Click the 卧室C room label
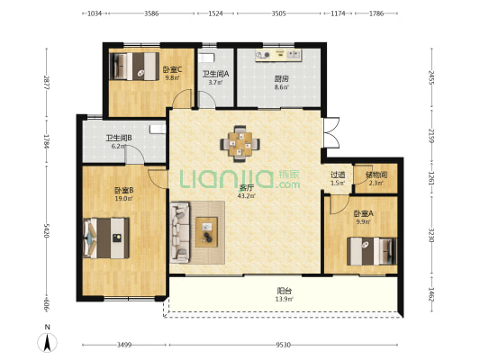coord(172,69)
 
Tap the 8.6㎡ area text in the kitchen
coord(281,87)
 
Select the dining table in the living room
coord(240,143)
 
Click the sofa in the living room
coord(180,232)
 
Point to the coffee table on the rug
coord(206,232)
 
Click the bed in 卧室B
coord(106,238)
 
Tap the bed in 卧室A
coord(372,251)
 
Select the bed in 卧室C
coord(134,67)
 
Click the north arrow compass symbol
coord(47,342)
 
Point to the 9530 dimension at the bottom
coord(283,345)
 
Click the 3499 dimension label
coord(124,345)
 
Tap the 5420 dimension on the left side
coord(47,230)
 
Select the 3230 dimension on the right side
coord(431,235)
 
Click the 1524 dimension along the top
coord(215,13)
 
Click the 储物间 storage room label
coord(376,175)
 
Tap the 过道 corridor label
coord(338,175)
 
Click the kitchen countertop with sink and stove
coord(278,55)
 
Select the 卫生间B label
coord(119,138)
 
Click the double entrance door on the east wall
coord(331,132)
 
